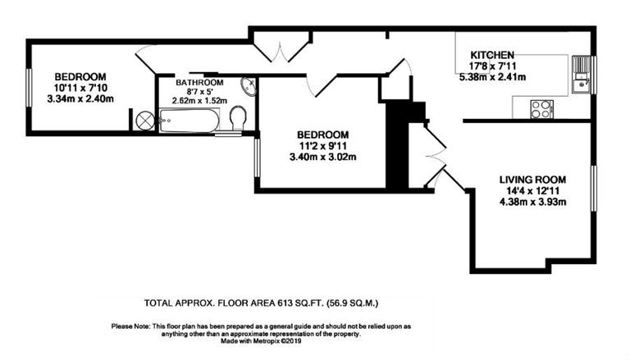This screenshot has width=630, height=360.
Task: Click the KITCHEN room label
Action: click(492, 54)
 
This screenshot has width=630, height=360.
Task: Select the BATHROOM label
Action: click(201, 83)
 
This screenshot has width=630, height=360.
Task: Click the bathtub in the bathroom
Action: click(189, 122)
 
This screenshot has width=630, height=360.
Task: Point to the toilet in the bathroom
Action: click(238, 119)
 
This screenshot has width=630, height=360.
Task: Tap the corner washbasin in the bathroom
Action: click(248, 85)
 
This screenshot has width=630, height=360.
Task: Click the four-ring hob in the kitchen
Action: click(541, 108)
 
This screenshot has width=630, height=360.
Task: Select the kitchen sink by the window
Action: click(582, 80)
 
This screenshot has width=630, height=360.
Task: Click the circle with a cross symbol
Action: click(144, 121)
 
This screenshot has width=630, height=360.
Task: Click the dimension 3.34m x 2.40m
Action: click(80, 99)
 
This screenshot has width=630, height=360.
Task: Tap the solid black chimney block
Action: click(398, 144)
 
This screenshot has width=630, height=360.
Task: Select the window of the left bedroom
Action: click(28, 86)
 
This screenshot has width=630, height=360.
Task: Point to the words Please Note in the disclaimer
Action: click(131, 326)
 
